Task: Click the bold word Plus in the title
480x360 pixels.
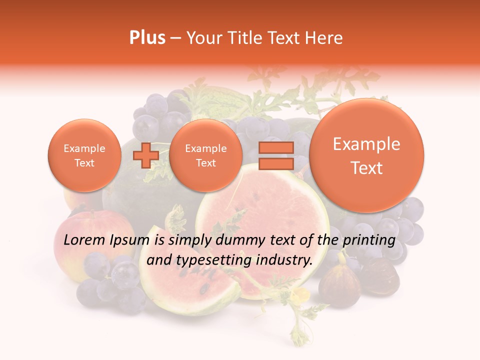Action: pos(147,38)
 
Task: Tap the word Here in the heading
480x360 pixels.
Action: pos(326,38)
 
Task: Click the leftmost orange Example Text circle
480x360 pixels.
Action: pos(84,155)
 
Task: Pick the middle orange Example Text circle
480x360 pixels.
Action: pos(205,155)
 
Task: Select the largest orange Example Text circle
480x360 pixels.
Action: pos(366,155)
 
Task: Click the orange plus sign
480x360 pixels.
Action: pos(145,155)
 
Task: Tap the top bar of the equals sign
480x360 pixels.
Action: pos(276,147)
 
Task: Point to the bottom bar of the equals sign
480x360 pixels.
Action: pos(276,163)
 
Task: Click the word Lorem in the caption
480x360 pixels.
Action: pos(83,240)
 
